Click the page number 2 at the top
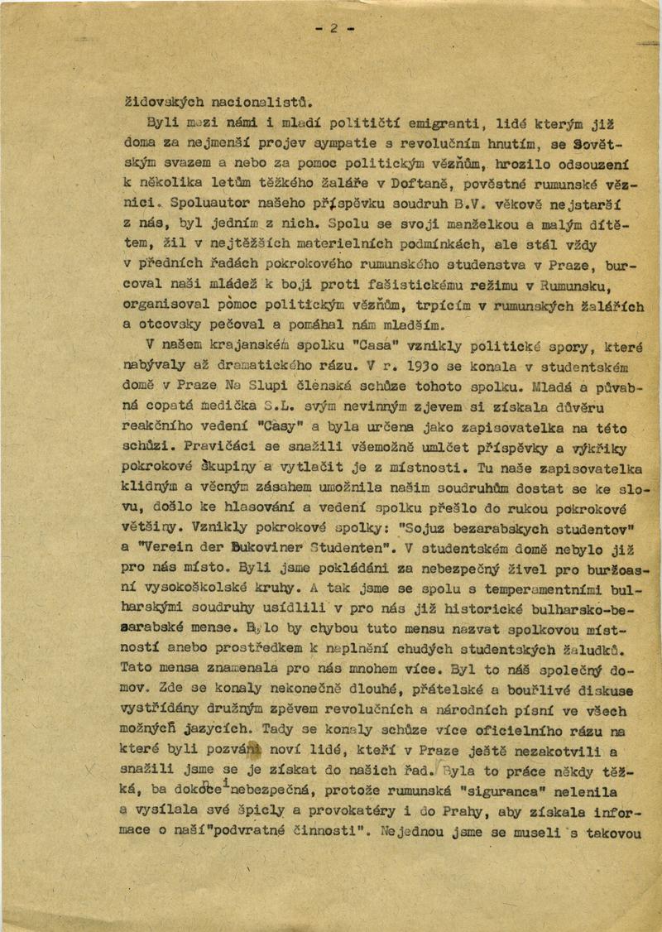click(333, 27)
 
